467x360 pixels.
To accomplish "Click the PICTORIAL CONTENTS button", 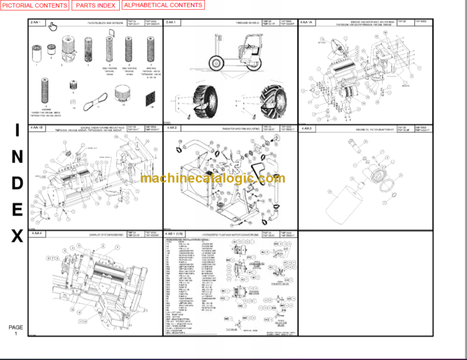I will point(35,5).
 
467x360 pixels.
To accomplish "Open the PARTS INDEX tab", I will point(95,5).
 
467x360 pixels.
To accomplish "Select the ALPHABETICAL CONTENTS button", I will point(163,5).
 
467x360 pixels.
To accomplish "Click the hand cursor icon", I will point(53,26).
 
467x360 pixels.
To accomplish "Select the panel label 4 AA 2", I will point(171,128).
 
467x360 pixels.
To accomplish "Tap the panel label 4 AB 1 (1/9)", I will point(176,234).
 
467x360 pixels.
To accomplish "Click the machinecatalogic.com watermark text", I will point(212,178).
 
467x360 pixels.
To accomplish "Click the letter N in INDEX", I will point(16,157).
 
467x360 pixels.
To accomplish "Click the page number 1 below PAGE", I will point(16,334).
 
